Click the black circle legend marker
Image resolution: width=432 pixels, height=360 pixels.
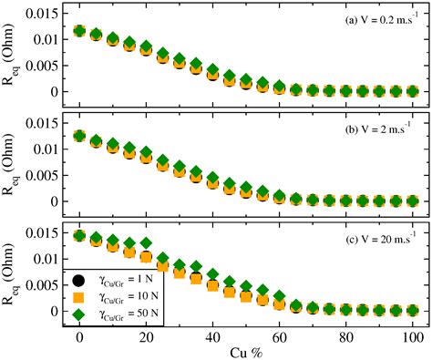(81, 276)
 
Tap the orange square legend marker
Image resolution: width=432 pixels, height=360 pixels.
(81, 295)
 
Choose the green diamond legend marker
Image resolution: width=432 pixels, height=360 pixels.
(81, 314)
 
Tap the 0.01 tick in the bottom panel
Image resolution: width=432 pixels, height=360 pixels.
(49, 260)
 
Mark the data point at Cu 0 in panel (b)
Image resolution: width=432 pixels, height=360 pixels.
(80, 136)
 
